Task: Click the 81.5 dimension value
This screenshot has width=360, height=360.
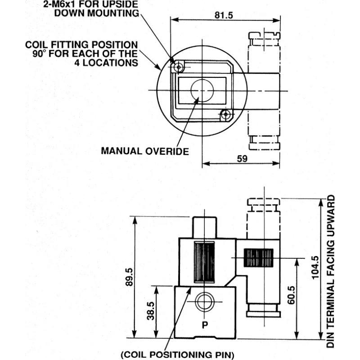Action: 224,15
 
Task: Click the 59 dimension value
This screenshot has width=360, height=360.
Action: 242,159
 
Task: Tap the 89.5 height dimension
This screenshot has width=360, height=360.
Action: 129,277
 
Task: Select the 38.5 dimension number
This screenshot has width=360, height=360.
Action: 151,311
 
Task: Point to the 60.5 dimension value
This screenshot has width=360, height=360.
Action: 291,295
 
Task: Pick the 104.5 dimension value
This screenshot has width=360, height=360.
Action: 315,267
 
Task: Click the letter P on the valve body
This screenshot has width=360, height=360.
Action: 205,325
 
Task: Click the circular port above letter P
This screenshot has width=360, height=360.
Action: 204,301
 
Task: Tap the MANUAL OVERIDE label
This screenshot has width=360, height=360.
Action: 145,151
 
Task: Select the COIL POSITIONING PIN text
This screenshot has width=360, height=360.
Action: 177,355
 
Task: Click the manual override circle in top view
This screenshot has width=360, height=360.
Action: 202,90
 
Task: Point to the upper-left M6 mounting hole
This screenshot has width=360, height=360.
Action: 178,67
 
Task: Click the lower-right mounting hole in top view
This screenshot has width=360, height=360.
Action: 226,114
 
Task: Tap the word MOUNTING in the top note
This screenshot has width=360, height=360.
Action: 113,13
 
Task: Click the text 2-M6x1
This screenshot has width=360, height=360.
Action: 59,4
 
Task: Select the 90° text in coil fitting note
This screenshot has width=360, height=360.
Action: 39,54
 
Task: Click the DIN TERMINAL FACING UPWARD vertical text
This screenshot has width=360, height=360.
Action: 331,271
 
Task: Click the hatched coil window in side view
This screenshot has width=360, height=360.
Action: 204,262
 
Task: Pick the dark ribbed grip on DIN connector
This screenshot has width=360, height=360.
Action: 258,257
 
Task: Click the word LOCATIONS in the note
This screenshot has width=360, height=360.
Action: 110,63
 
